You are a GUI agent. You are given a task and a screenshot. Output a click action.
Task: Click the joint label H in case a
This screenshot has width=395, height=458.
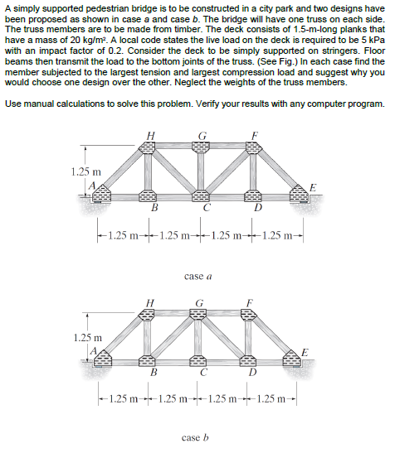point(149,137)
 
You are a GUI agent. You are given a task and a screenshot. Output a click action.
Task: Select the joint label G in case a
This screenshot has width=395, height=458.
point(200,137)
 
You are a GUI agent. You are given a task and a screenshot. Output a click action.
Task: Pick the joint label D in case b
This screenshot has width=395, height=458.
point(253,371)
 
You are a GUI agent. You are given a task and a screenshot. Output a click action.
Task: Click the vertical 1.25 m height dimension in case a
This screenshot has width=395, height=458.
point(82,171)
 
